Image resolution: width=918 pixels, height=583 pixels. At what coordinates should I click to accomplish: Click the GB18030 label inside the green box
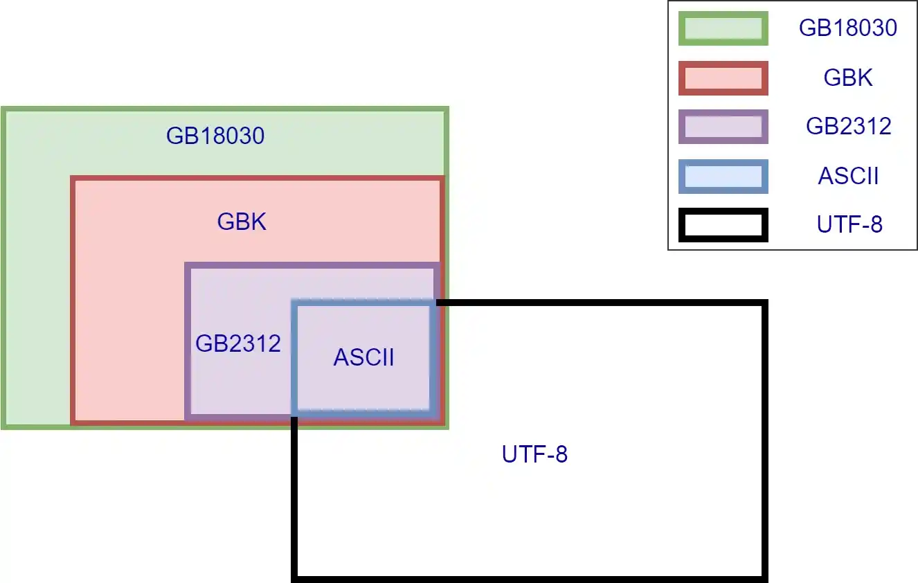(x=215, y=136)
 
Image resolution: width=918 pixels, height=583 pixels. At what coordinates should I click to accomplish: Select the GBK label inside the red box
(x=242, y=222)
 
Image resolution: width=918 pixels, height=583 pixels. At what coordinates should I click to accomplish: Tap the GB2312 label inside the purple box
(x=238, y=343)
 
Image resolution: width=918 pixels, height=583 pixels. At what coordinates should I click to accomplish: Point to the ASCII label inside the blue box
(x=364, y=357)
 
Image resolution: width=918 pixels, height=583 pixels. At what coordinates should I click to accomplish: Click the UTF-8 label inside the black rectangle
(x=534, y=455)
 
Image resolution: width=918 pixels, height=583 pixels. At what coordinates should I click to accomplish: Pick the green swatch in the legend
(x=723, y=28)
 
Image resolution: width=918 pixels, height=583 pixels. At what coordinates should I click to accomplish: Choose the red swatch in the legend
(x=723, y=78)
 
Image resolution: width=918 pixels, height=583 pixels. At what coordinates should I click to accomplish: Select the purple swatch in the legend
(x=723, y=127)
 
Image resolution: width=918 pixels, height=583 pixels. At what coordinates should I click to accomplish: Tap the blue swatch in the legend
(x=723, y=176)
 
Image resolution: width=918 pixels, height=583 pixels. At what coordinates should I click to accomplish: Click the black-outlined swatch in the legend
(x=723, y=225)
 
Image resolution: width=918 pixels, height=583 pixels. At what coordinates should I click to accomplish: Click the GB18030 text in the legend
(x=848, y=28)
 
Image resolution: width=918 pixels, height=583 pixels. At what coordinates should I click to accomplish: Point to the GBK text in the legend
(x=848, y=78)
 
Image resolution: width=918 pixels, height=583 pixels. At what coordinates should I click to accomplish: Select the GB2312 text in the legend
(x=848, y=127)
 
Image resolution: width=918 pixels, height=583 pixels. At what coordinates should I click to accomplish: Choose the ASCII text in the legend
(x=848, y=176)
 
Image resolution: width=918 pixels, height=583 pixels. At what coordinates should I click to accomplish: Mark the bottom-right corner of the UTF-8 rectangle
(x=765, y=577)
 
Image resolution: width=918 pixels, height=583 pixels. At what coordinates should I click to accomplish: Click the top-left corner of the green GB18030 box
(x=3, y=109)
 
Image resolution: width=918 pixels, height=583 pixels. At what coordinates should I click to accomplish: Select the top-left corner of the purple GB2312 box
(x=188, y=265)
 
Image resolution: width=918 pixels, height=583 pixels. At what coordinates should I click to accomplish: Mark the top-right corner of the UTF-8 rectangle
(x=765, y=303)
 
